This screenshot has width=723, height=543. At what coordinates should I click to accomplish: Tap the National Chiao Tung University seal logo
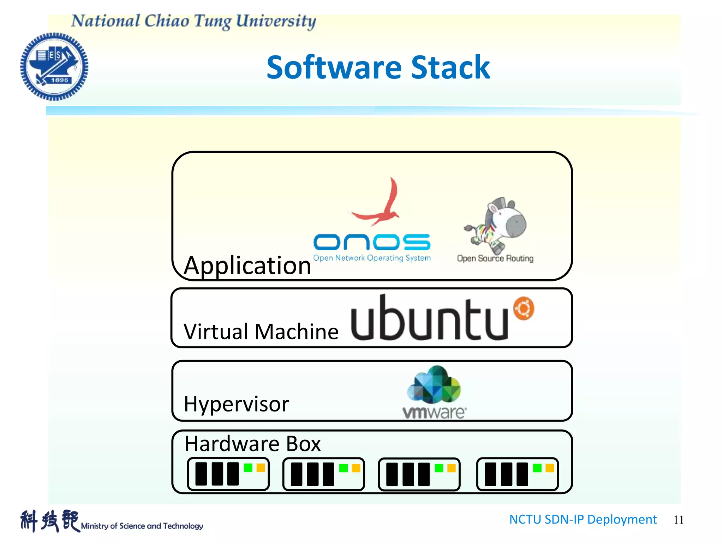coord(54,66)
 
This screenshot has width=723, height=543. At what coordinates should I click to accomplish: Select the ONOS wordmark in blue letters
coord(372,242)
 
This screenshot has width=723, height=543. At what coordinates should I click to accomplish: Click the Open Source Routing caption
coord(495,258)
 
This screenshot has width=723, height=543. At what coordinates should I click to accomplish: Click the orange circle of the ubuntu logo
coord(524,308)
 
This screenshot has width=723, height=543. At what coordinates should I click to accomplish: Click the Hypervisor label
coord(237,404)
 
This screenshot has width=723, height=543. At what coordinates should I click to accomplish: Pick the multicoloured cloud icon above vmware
coord(434,385)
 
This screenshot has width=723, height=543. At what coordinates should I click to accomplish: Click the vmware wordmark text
coord(434,413)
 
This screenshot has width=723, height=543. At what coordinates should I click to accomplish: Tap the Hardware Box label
coord(253,444)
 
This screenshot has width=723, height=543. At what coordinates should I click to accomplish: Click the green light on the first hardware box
coord(248,468)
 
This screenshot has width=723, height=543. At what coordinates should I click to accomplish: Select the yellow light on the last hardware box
coord(550,468)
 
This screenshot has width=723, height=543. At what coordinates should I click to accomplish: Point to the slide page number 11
coord(679,520)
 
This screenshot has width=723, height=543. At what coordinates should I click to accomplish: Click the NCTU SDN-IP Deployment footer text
coord(583,519)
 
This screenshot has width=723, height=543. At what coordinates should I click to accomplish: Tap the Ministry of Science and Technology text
coord(142,526)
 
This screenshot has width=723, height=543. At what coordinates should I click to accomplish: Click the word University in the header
coord(276,21)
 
